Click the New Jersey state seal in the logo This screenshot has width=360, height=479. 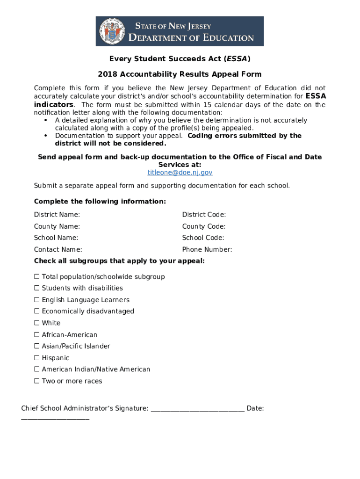(x=112, y=31)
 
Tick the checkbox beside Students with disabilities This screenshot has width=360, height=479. (x=36, y=289)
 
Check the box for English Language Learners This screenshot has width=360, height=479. (x=36, y=300)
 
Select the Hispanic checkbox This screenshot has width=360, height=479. (x=36, y=358)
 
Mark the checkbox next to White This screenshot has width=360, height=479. (x=36, y=323)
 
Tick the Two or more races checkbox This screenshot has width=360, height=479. (x=36, y=381)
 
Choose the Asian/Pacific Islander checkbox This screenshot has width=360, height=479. (x=36, y=347)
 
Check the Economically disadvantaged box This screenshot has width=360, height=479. (x=36, y=312)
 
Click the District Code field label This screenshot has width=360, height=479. (x=204, y=215)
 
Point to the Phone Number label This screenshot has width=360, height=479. (x=207, y=250)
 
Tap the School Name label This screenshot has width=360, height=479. (x=56, y=238)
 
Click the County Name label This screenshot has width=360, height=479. (x=57, y=226)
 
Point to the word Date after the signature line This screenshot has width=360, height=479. (x=255, y=408)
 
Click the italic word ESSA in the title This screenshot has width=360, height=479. (x=237, y=59)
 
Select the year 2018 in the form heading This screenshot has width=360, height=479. (x=108, y=74)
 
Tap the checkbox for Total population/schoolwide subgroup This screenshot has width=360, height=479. (x=36, y=277)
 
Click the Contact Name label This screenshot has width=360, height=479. (x=58, y=250)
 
